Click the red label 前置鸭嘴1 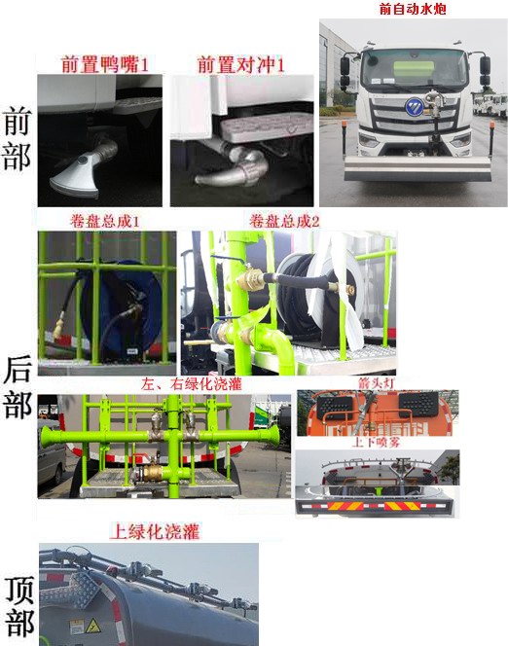tap(105, 65)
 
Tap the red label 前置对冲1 tap(241, 65)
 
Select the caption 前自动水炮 tap(412, 9)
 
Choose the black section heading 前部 tap(18, 140)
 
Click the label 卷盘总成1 tap(105, 221)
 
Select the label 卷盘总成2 tap(284, 221)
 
